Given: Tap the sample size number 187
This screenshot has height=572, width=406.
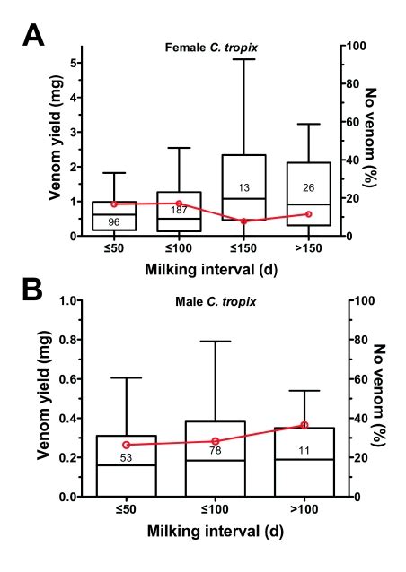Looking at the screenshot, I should click(179, 211).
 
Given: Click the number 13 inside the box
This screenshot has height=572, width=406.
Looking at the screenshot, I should click(243, 187).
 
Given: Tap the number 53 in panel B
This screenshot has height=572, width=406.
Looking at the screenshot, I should click(127, 458).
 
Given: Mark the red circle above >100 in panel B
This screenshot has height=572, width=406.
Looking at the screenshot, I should click(304, 425).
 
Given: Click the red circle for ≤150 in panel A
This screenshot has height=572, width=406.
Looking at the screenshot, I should click(243, 221).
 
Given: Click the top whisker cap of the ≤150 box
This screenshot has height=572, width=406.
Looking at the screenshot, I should click(243, 59).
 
